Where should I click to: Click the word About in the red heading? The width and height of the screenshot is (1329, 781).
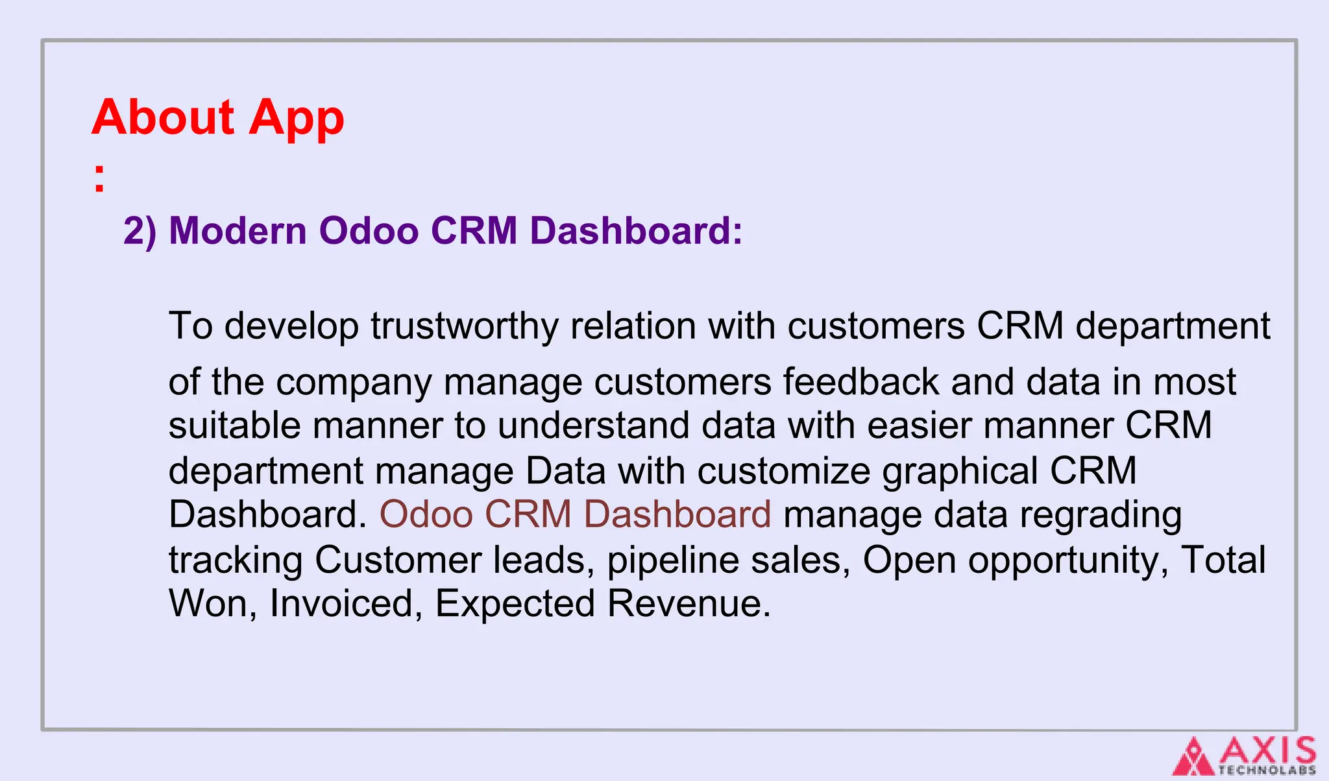point(163,117)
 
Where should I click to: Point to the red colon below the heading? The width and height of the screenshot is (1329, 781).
point(99,179)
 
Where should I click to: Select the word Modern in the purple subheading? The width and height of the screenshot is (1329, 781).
point(238,231)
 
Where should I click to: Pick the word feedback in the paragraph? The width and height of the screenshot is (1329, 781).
point(860,382)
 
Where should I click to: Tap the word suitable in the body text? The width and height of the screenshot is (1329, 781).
point(234,426)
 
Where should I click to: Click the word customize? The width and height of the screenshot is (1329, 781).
point(783,471)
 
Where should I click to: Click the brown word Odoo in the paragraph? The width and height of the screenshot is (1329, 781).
point(426,515)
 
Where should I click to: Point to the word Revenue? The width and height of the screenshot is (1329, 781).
point(689,604)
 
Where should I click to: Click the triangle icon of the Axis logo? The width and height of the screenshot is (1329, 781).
point(1193,757)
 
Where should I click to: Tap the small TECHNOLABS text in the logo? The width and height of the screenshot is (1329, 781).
point(1267,771)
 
